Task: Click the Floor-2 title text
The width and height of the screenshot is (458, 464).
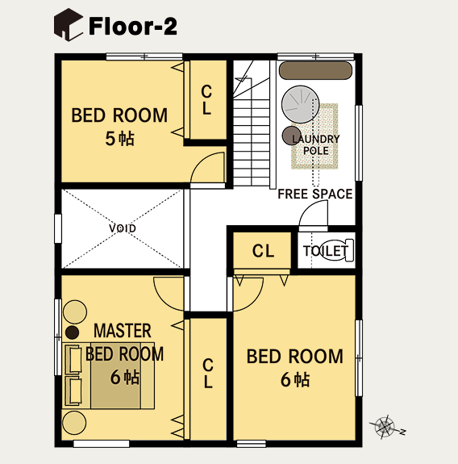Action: pyautogui.click(x=133, y=26)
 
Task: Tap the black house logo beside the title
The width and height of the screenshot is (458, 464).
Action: pyautogui.click(x=69, y=24)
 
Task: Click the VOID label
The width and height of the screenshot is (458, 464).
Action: pyautogui.click(x=123, y=228)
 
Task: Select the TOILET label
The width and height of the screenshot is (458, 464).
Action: pyautogui.click(x=326, y=251)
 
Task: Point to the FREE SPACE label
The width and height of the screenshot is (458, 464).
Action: pyautogui.click(x=315, y=194)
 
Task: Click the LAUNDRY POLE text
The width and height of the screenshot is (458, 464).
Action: pyautogui.click(x=316, y=144)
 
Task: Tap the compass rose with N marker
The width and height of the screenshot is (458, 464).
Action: pyautogui.click(x=386, y=427)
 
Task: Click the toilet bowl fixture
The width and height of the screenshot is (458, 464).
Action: pyautogui.click(x=337, y=250)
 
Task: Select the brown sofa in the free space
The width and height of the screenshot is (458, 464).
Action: pyautogui.click(x=316, y=70)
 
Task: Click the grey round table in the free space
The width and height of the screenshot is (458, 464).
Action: pyautogui.click(x=301, y=104)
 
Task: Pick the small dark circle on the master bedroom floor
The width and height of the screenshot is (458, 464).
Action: pyautogui.click(x=72, y=332)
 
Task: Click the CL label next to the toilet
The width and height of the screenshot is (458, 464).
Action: pyautogui.click(x=263, y=251)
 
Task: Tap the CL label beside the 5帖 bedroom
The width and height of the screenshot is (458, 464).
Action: pyautogui.click(x=206, y=100)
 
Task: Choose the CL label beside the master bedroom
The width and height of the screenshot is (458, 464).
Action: pyautogui.click(x=208, y=373)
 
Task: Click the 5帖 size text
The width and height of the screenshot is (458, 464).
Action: pyautogui.click(x=120, y=139)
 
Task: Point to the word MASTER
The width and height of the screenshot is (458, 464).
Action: pyautogui.click(x=123, y=331)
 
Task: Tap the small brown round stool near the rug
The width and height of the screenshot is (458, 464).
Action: pyautogui.click(x=292, y=136)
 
